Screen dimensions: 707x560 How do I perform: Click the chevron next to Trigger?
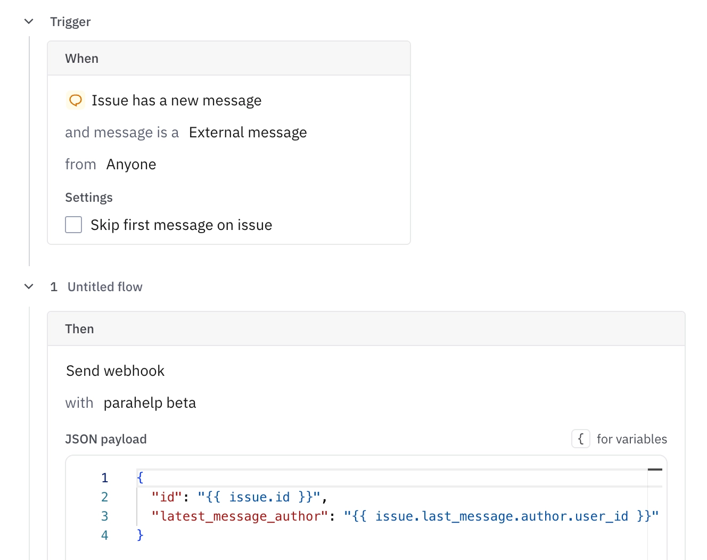point(29,22)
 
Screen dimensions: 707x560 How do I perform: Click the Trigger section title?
point(70,22)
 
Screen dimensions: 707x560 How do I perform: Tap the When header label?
point(82,59)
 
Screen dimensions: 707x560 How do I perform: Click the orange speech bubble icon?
point(76,100)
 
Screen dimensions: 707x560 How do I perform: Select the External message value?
point(248,133)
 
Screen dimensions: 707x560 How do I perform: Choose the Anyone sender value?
point(131,164)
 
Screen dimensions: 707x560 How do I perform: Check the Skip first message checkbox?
point(73,225)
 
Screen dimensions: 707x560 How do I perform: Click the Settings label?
point(89,197)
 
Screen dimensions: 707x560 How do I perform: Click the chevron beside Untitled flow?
point(29,287)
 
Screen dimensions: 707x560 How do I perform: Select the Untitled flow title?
point(105,287)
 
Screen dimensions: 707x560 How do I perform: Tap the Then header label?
point(79,329)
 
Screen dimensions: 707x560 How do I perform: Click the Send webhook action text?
point(115,371)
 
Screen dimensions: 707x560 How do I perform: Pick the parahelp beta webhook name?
point(150,402)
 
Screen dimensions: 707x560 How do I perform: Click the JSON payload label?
point(106,439)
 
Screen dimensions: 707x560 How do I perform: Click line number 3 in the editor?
point(104,516)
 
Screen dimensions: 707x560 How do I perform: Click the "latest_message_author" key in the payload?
point(240,516)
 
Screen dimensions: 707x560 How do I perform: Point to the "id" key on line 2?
point(167,497)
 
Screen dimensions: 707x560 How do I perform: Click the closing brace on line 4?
point(140,536)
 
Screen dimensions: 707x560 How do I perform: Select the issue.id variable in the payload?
point(259,497)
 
